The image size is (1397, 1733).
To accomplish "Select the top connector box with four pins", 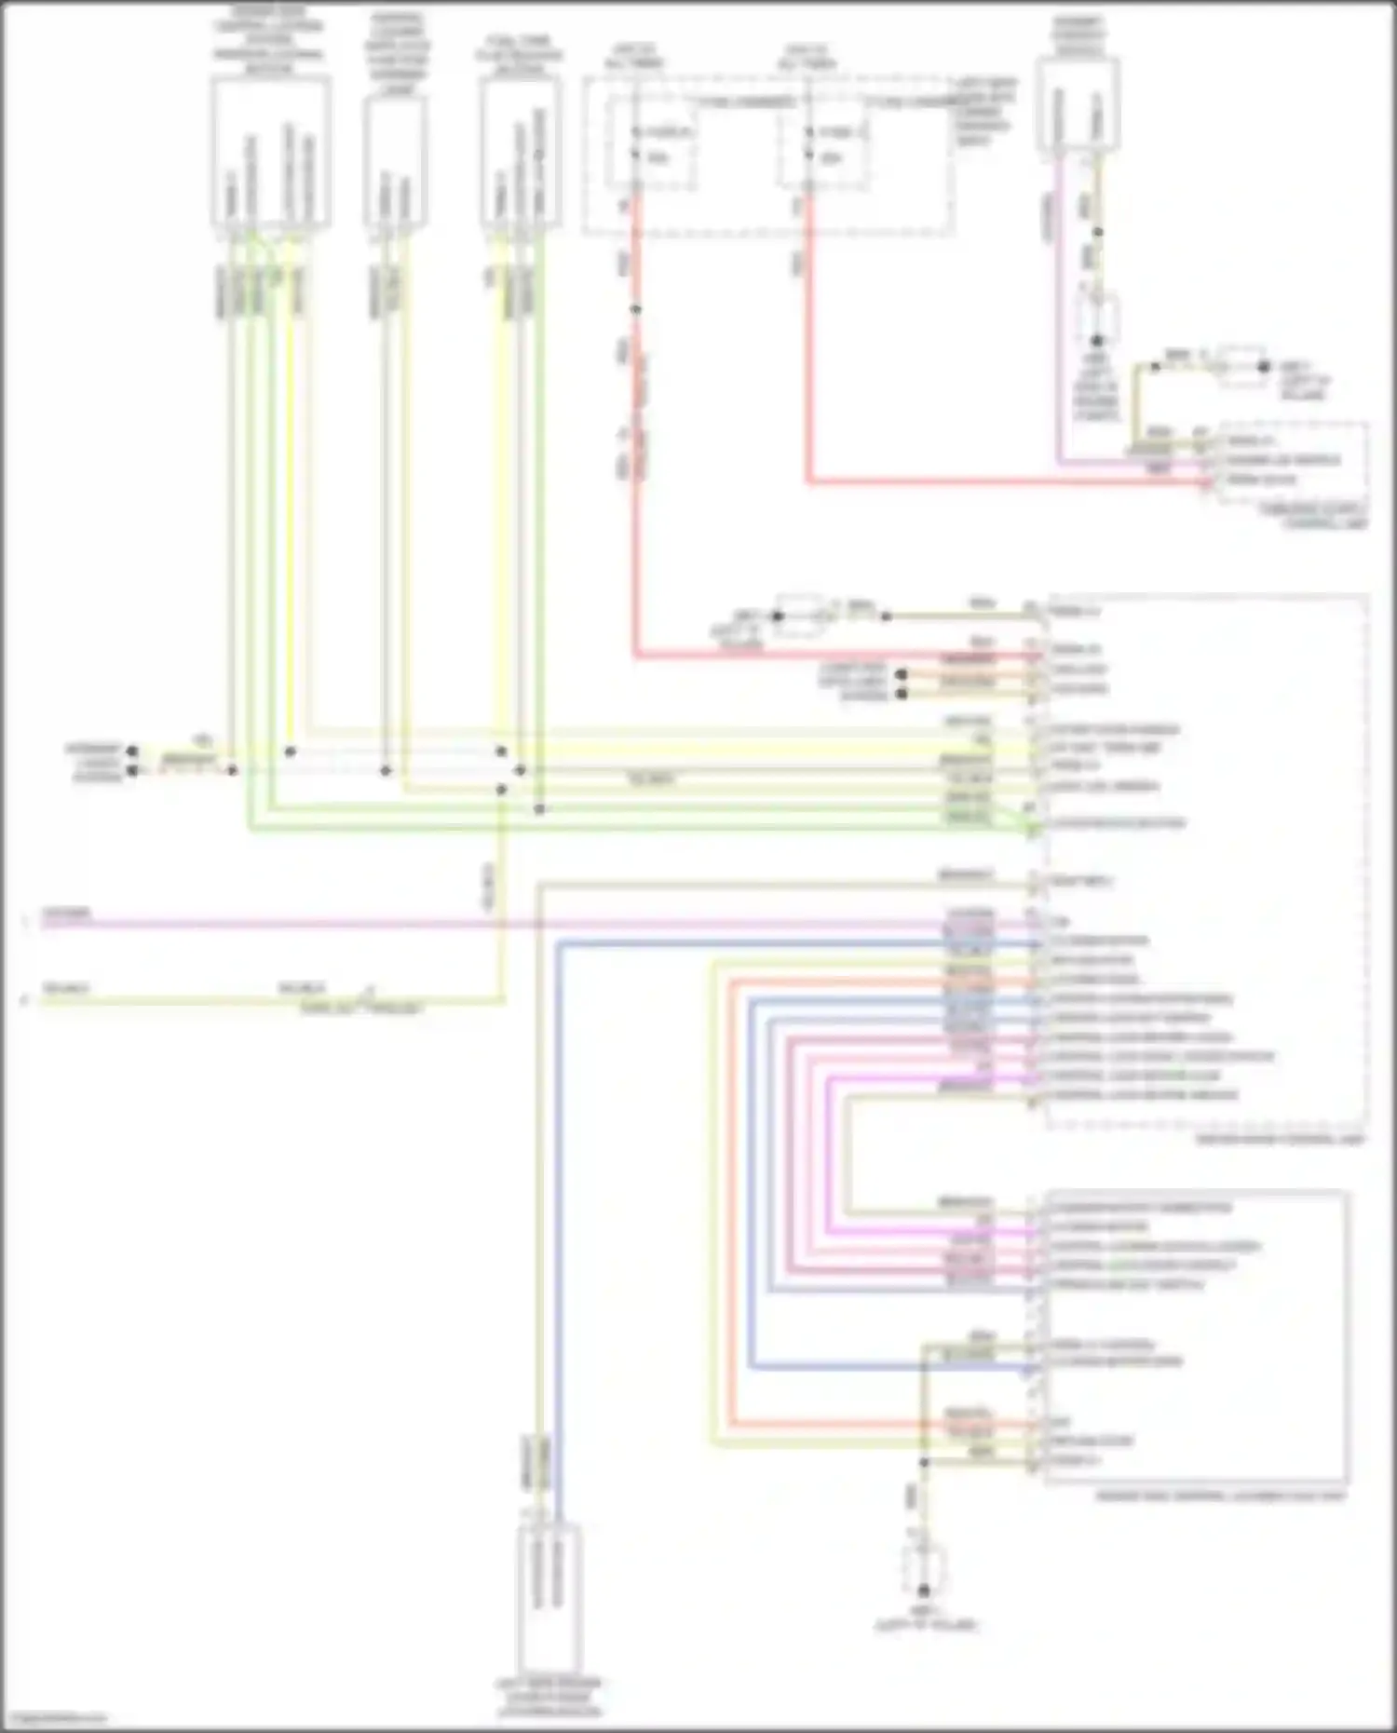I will tap(270, 154).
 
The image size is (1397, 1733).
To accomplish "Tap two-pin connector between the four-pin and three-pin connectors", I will tap(396, 160).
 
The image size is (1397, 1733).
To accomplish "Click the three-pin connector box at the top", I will tap(521, 154).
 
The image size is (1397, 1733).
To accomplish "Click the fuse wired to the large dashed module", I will tap(651, 144).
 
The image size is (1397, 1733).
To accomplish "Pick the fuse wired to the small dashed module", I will tap(823, 144).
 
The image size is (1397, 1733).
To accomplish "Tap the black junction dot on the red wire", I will tap(636, 309).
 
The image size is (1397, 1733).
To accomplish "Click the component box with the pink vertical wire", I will tap(1078, 102).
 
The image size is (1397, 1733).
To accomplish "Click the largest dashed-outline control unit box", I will tap(1206, 861).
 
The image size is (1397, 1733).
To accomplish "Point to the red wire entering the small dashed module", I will tap(1006, 482).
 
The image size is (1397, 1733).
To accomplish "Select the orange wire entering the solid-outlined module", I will tap(885, 1424).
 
